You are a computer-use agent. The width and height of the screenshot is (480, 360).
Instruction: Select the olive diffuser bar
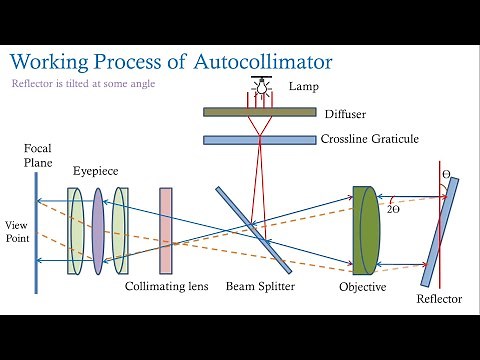[x=259, y=112]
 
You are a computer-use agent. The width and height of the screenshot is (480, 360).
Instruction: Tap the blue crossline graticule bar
[x=259, y=139]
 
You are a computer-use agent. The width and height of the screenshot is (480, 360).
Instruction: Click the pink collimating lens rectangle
[x=166, y=230]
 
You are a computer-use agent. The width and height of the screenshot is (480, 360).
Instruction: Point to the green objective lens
[x=367, y=230]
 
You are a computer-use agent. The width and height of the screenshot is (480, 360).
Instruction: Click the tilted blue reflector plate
[x=441, y=232]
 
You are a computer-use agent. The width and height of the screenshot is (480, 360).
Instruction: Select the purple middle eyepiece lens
[x=98, y=230]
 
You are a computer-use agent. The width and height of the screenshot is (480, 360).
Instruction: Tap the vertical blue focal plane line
[x=38, y=232]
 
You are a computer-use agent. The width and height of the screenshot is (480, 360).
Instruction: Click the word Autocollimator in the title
[x=262, y=61]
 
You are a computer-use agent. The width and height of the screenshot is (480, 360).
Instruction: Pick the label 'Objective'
[x=363, y=287]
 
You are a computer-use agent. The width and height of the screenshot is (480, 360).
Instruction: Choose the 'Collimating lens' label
[x=167, y=287]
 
